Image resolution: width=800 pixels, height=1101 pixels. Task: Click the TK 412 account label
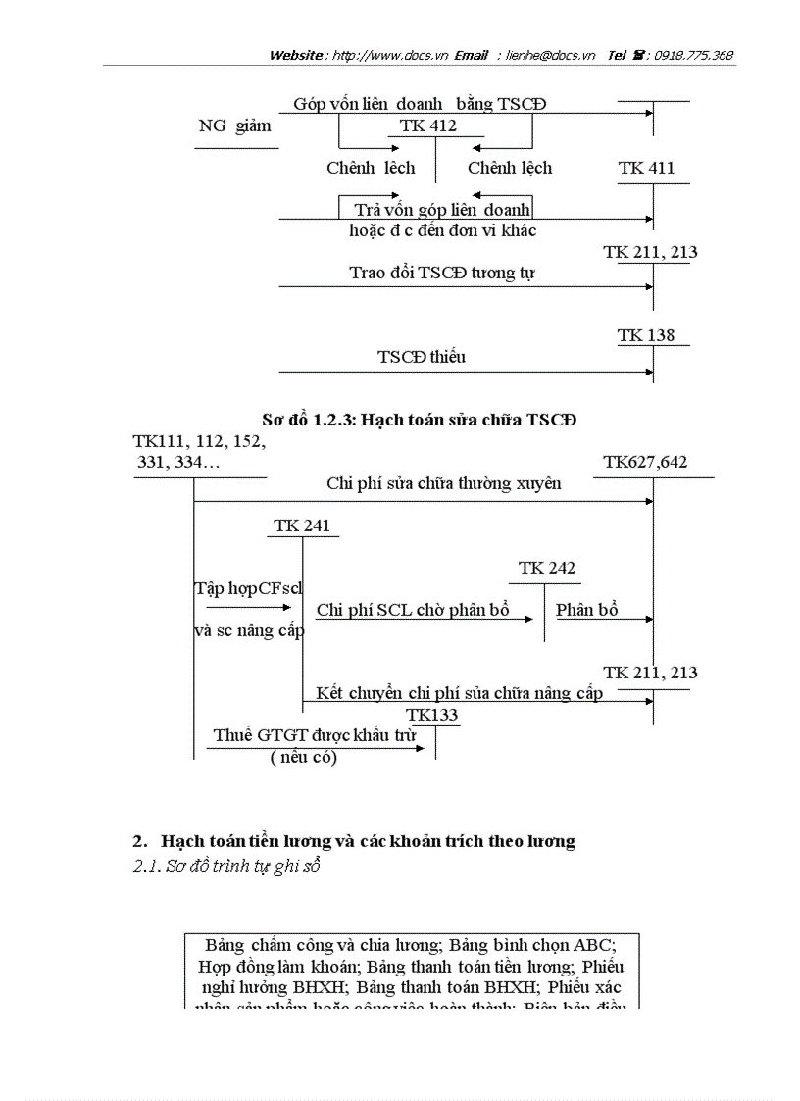(x=428, y=126)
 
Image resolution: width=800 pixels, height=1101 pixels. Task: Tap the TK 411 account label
(x=646, y=169)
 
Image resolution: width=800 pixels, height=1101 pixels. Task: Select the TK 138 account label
(x=646, y=335)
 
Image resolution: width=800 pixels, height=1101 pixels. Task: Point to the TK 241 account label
(x=302, y=525)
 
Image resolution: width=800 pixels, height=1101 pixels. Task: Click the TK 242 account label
(x=547, y=568)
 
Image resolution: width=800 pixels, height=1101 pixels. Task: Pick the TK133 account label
(x=432, y=716)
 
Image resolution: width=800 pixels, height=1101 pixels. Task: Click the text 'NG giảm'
(x=234, y=126)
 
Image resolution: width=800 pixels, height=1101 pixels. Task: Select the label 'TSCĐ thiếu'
(x=422, y=357)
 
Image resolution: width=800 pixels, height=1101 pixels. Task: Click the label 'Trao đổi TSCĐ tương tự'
(x=442, y=273)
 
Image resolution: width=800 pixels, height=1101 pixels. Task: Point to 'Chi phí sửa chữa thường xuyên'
(x=444, y=483)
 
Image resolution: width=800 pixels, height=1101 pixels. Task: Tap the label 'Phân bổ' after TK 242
(x=586, y=610)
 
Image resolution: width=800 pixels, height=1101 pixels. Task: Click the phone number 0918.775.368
(x=694, y=56)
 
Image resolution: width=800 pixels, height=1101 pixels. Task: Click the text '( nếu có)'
(x=303, y=757)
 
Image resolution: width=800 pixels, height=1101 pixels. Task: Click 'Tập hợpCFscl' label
(x=248, y=588)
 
